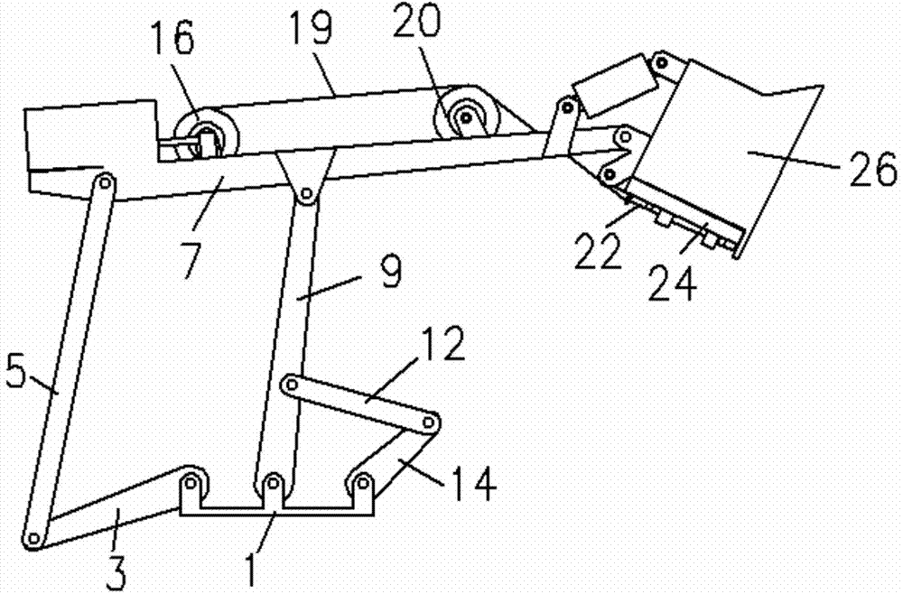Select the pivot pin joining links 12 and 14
pos(431,424)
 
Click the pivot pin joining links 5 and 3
pos(34,539)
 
